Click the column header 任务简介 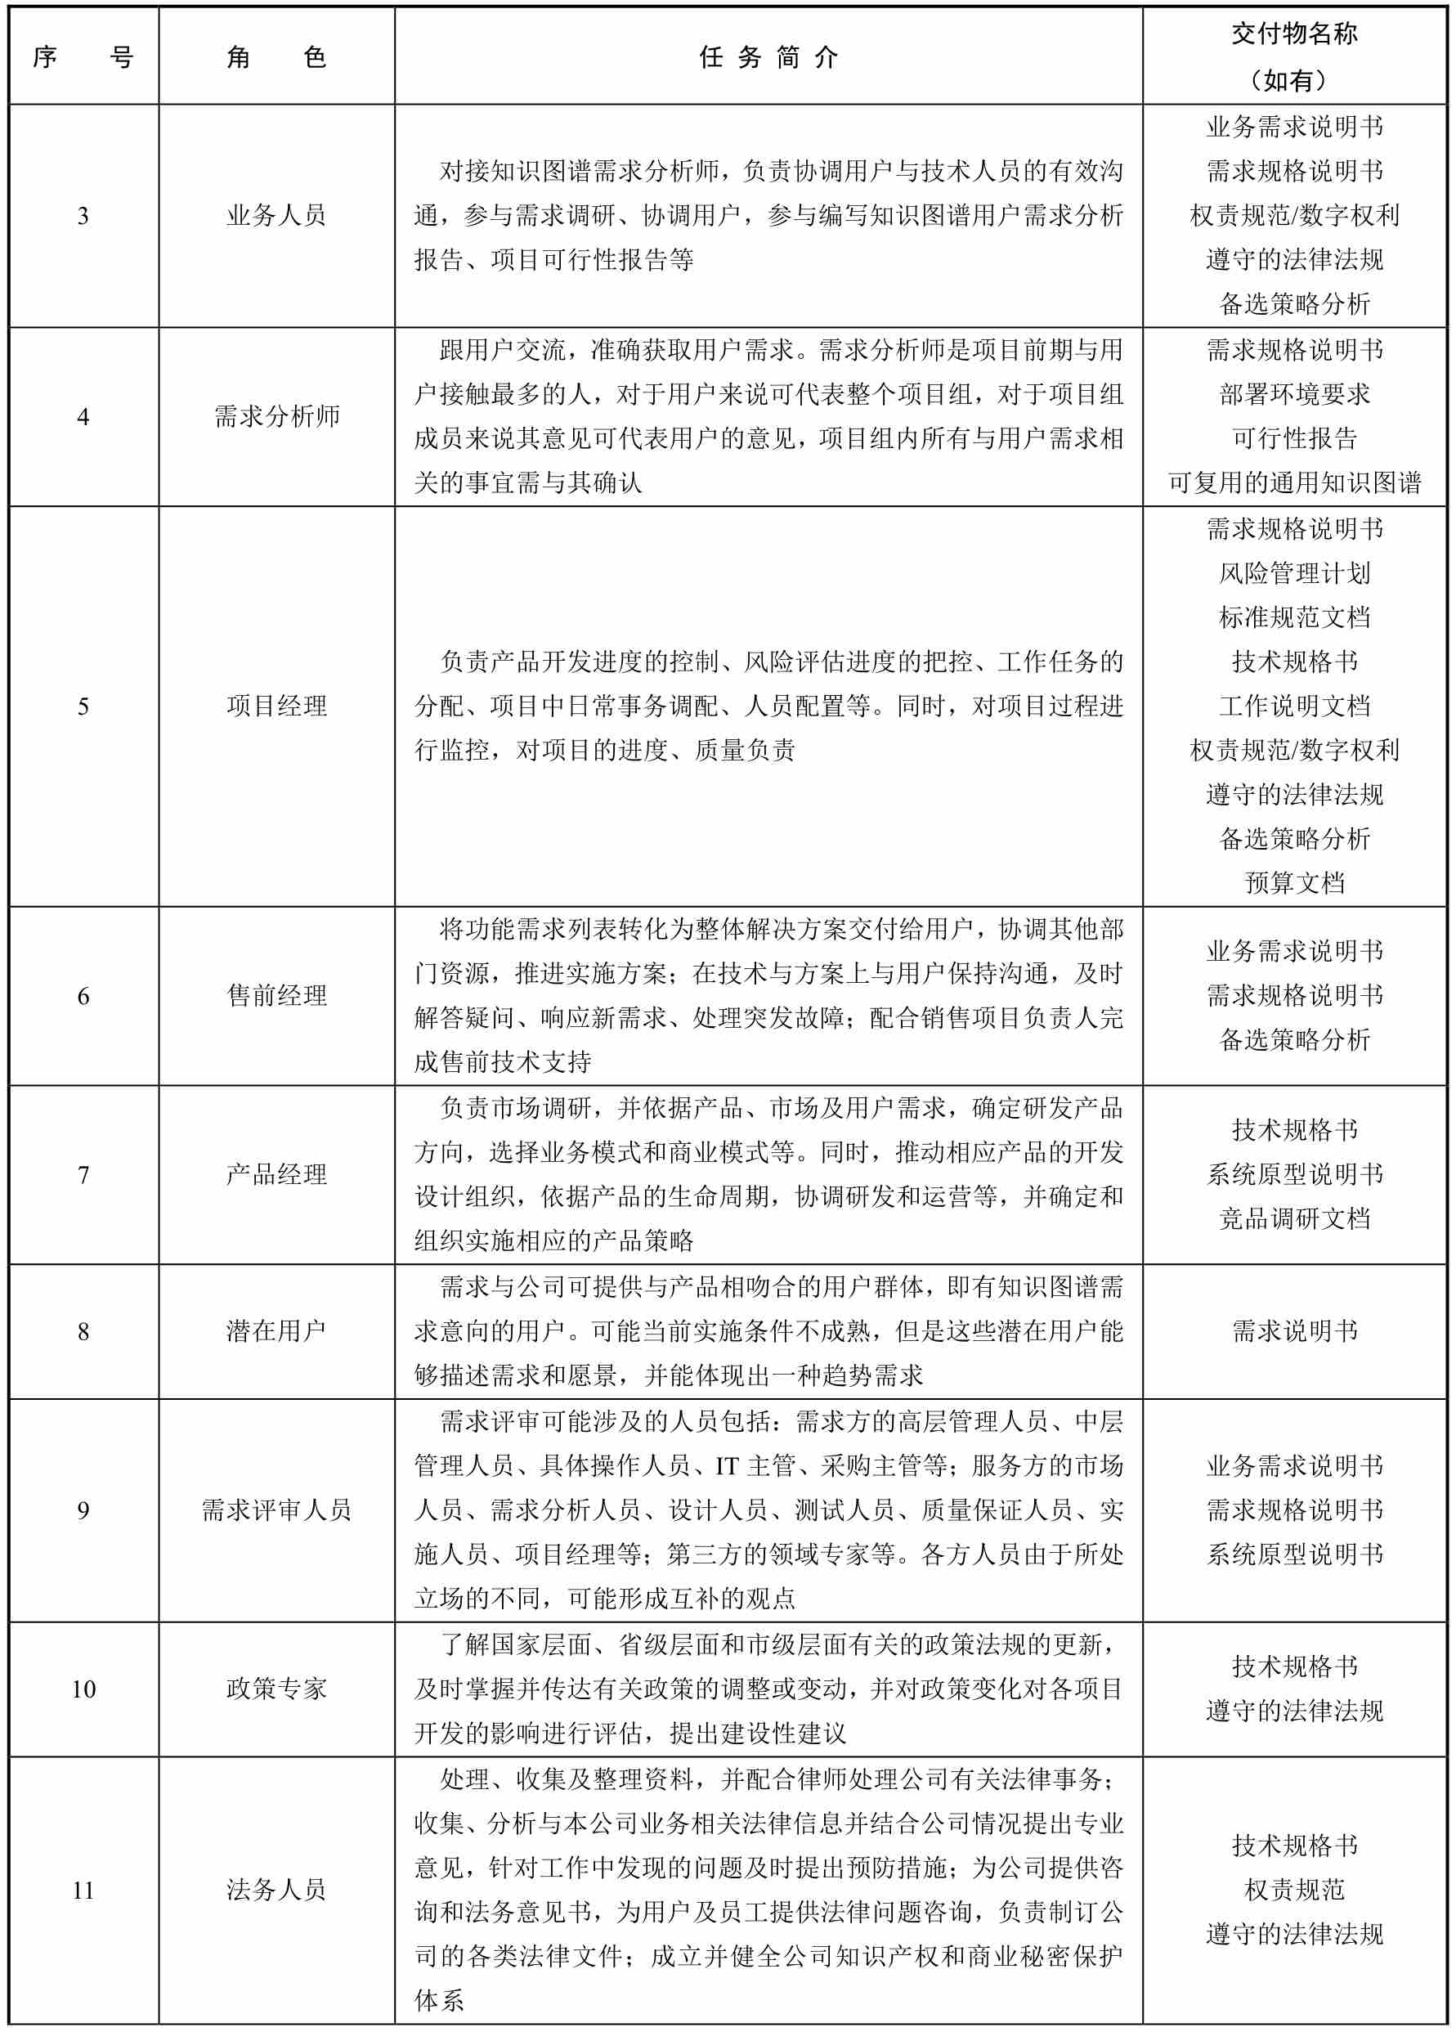768,58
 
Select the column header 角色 276,58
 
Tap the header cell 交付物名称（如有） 1294,56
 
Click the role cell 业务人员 276,215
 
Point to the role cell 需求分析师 276,415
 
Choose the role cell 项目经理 276,706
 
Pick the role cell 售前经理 276,995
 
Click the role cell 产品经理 276,1173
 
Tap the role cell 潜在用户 276,1330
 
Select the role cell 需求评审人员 276,1509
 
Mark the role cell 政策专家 276,1688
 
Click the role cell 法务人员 276,1890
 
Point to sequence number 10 83,1689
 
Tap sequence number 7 83,1174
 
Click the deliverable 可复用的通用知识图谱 1294,483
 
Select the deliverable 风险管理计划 1294,572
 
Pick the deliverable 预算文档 1294,882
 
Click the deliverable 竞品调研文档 1294,1218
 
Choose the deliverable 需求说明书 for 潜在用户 1294,1330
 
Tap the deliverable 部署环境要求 1294,394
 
